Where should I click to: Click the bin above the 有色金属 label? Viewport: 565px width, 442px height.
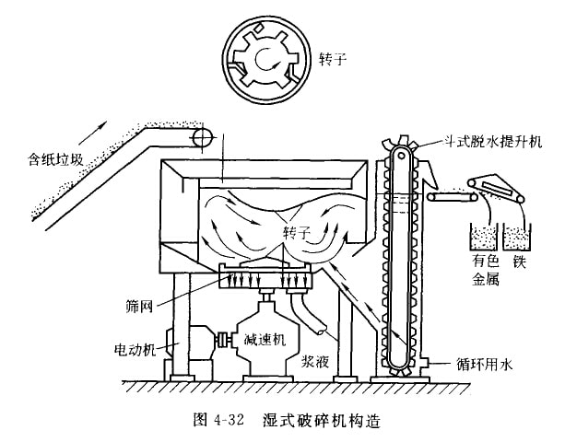(x=481, y=237)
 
